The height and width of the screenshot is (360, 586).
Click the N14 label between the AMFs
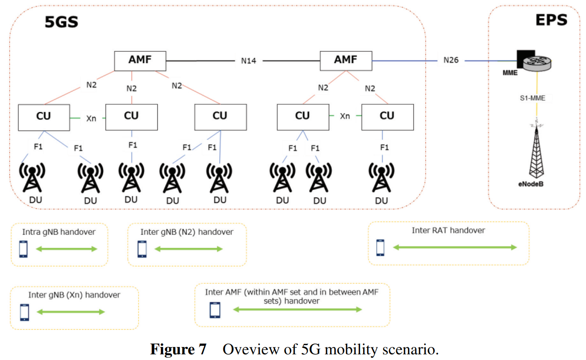249,61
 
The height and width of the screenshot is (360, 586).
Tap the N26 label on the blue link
451,60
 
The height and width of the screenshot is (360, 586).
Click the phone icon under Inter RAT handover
381,247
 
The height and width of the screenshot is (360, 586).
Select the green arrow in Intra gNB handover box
67,249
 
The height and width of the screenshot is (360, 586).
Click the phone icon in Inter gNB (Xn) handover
25,312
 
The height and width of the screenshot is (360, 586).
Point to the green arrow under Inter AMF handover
298,310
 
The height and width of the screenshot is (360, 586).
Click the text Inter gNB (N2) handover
187,232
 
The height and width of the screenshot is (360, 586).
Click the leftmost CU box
44,117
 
